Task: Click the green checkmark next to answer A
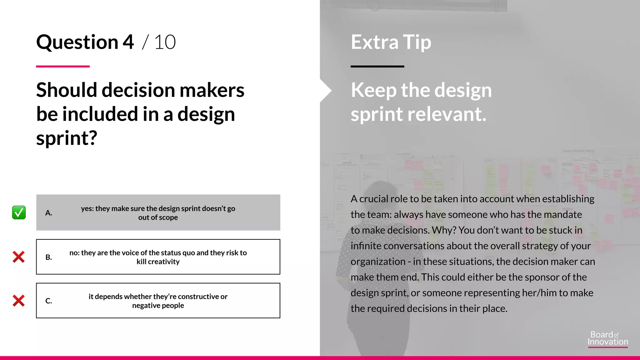(x=19, y=212)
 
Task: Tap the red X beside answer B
(x=19, y=257)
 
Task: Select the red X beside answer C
(x=19, y=301)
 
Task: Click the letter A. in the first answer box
(x=48, y=213)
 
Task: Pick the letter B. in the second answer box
(x=48, y=257)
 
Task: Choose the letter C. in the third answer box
(x=48, y=301)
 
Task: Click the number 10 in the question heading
(x=165, y=42)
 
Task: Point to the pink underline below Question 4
(x=63, y=66)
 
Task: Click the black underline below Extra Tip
(x=377, y=66)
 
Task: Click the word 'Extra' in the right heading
(x=374, y=42)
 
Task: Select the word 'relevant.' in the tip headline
(x=447, y=114)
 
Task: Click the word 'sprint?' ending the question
(x=67, y=138)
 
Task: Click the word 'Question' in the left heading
(x=77, y=42)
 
